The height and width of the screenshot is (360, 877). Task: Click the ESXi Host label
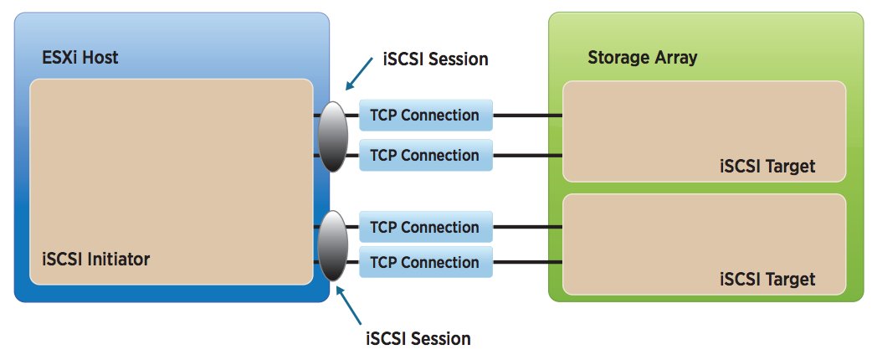click(80, 58)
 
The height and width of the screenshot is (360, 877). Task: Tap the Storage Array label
click(642, 58)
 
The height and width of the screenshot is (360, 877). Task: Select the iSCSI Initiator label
click(96, 260)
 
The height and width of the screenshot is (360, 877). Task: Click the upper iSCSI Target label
click(767, 167)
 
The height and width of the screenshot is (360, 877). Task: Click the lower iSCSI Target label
click(767, 279)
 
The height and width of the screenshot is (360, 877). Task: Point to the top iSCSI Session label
click(436, 59)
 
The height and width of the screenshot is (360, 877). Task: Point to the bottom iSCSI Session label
click(418, 339)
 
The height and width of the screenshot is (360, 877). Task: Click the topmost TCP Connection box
click(426, 116)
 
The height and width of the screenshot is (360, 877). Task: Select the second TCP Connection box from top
click(426, 155)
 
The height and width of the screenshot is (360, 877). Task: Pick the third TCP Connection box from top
click(426, 228)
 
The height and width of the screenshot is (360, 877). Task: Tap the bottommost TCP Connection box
click(426, 262)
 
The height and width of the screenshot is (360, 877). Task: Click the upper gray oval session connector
click(333, 136)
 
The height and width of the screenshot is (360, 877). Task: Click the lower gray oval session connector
click(333, 245)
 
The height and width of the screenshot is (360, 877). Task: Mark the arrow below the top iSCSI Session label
click(360, 74)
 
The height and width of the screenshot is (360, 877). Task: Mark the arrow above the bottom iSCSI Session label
click(348, 305)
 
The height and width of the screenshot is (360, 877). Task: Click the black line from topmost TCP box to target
click(527, 116)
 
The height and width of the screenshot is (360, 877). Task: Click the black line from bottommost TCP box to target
click(527, 262)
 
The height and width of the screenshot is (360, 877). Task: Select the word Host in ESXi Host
click(100, 58)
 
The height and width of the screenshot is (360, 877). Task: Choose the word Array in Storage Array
click(674, 59)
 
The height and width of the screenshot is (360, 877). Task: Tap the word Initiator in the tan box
click(119, 260)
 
